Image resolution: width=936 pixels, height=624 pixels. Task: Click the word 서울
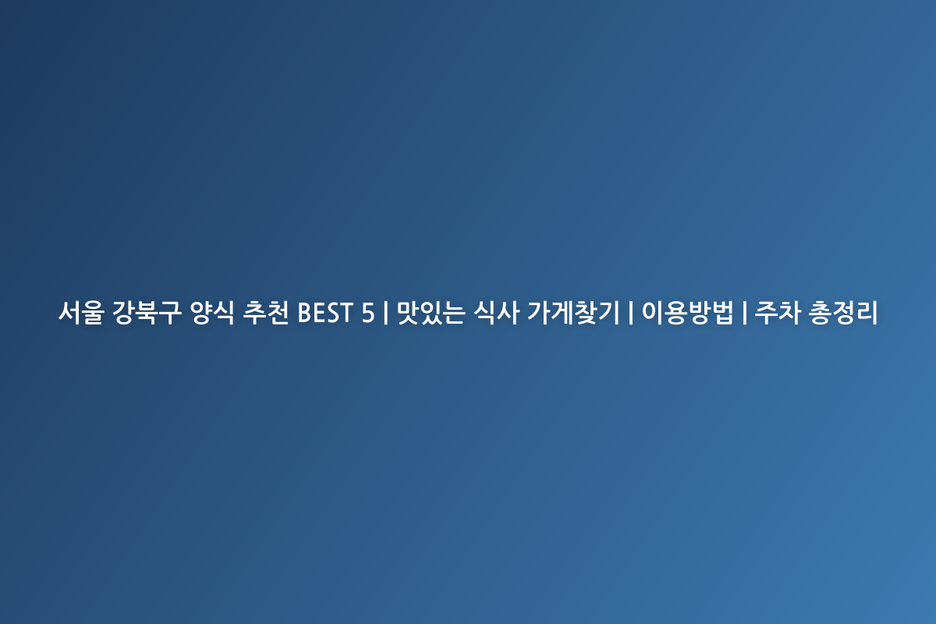[x=81, y=313]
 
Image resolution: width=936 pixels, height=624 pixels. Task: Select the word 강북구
[x=147, y=313]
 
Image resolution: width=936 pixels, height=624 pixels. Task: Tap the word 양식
[x=212, y=313]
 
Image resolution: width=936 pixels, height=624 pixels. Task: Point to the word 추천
[x=266, y=313]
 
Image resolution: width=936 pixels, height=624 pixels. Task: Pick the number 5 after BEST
[x=367, y=313]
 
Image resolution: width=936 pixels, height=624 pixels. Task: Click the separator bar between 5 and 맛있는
[x=385, y=313]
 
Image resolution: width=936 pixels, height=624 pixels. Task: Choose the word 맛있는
[x=431, y=313]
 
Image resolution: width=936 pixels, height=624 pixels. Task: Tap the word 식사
[x=496, y=313]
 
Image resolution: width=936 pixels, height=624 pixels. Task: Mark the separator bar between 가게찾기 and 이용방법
[x=630, y=313]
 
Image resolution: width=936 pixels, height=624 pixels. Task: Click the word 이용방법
[x=687, y=313]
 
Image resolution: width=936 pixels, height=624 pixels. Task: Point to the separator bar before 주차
[x=745, y=313]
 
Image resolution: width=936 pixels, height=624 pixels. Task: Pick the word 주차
[x=778, y=313]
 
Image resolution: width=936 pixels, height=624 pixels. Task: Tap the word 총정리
[x=843, y=313]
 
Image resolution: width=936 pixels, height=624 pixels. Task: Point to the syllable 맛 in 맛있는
[x=408, y=313]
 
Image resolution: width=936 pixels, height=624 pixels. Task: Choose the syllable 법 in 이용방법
[x=722, y=313]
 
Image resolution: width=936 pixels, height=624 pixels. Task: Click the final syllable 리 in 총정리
[x=867, y=313]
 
